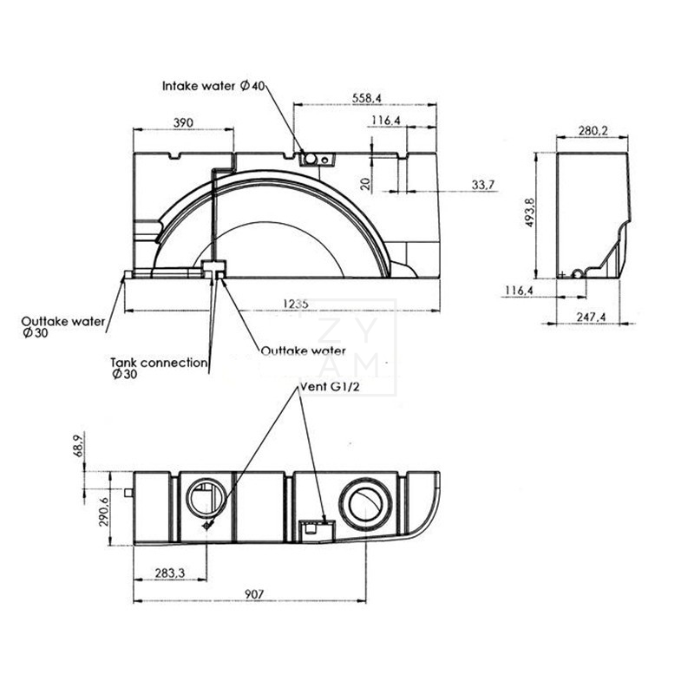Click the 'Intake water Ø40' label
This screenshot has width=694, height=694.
coord(213,86)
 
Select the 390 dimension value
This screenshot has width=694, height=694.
coord(182,122)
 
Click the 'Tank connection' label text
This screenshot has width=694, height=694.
coord(158,363)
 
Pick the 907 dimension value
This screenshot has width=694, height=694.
coord(253,594)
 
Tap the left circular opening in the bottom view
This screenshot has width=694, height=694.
coord(208,499)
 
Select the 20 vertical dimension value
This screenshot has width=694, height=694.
coord(367,184)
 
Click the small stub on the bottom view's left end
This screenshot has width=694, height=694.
coord(128,493)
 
